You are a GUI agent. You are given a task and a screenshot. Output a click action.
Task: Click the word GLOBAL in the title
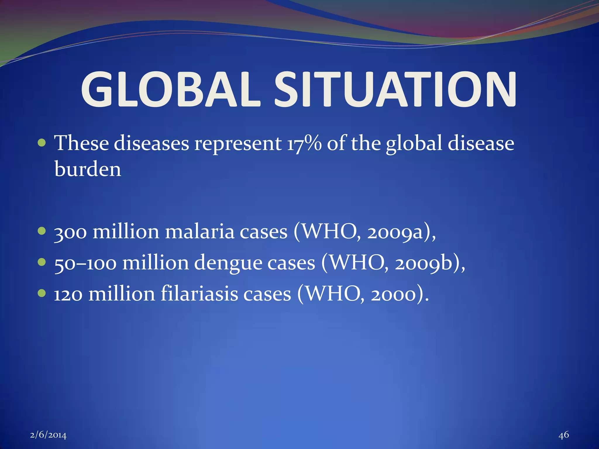170,89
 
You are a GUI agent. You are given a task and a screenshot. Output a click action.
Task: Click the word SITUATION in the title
395,89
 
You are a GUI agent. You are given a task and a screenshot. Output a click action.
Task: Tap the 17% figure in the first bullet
304,144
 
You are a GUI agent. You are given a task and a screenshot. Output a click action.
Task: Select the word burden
88,170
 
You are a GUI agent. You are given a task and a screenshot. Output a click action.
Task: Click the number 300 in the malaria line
70,232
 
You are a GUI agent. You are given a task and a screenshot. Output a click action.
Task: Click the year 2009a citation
395,232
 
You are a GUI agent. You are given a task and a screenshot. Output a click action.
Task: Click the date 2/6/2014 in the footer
48,435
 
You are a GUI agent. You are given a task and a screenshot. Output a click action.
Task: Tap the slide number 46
564,435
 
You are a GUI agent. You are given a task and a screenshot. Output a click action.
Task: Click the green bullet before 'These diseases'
42,143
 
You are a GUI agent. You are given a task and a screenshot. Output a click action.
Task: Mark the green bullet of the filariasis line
42,293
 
